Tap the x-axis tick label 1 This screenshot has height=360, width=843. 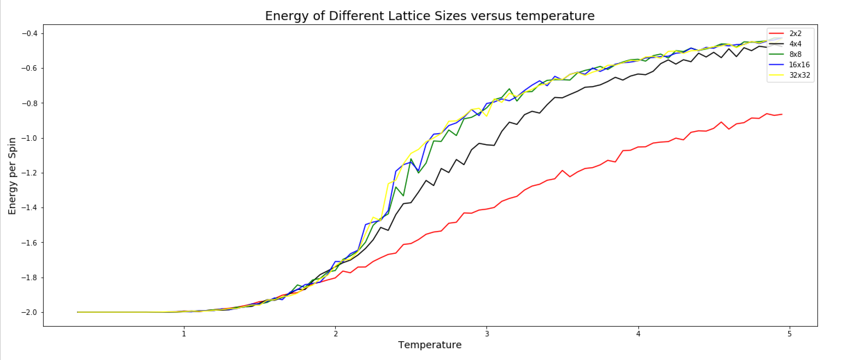184,334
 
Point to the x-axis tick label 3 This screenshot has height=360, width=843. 487,334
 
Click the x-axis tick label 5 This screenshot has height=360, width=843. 790,334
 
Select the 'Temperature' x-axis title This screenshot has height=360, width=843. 430,345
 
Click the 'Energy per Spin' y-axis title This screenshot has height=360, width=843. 12,176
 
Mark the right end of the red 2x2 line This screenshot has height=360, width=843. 782,114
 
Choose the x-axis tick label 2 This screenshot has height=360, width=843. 335,334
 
